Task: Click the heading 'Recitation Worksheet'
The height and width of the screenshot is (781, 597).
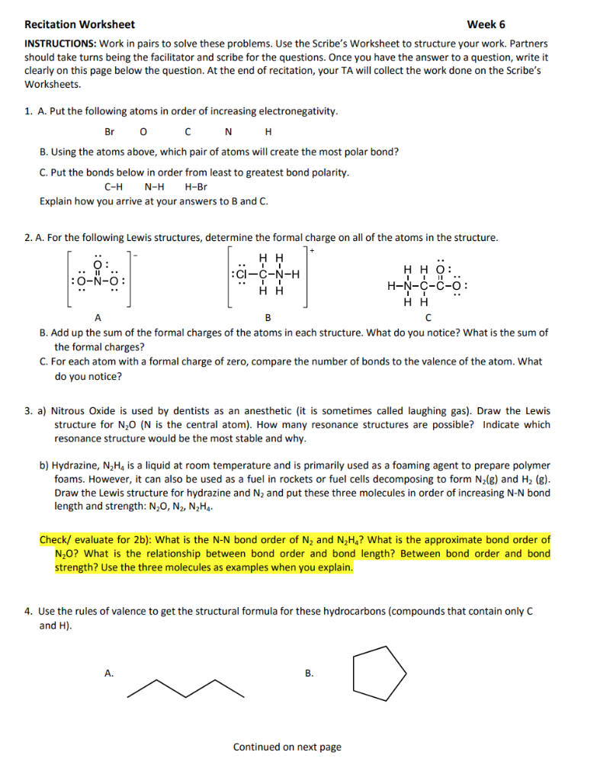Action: point(79,24)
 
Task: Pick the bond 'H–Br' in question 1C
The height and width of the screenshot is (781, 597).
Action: point(196,187)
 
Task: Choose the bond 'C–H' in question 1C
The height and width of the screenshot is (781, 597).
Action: point(114,187)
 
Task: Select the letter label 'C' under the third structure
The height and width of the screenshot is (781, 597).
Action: point(428,317)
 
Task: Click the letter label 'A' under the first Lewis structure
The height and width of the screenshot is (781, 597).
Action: point(98,317)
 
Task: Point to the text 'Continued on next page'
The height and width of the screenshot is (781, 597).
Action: point(287,747)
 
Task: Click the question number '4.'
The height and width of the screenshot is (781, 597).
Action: point(28,612)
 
